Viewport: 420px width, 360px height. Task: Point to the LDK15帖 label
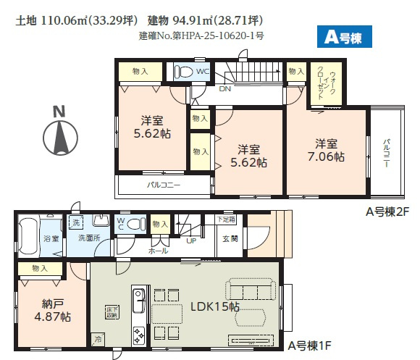tap(215, 307)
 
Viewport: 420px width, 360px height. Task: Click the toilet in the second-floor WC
tap(186, 72)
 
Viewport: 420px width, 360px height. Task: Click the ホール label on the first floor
tap(159, 251)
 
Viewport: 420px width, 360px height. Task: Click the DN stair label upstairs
tap(225, 90)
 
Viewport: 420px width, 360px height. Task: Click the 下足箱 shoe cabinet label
tap(229, 219)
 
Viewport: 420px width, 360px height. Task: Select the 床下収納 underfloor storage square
tap(111, 311)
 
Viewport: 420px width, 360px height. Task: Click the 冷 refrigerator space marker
tap(97, 338)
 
